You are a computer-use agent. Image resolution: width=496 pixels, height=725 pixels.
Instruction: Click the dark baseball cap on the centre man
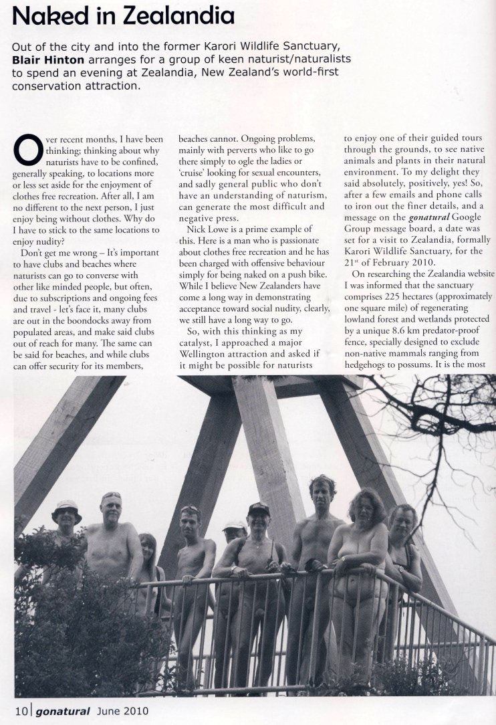[258, 510]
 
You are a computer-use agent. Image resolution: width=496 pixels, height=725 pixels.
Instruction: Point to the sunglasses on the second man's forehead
[112, 496]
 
